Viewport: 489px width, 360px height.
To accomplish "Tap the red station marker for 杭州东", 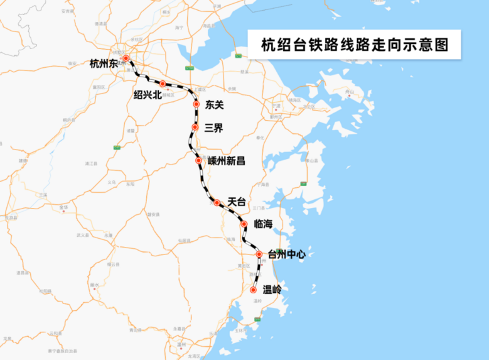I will pyautogui.click(x=126, y=58).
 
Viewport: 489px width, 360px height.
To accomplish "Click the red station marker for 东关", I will pyautogui.click(x=196, y=104).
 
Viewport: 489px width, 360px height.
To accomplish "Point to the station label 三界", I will pyautogui.click(x=213, y=128).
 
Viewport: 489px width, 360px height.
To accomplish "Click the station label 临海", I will pyautogui.click(x=263, y=224).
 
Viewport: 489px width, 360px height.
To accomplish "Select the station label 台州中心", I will pyautogui.click(x=286, y=254).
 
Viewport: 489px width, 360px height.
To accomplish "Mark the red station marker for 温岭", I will pyautogui.click(x=253, y=290).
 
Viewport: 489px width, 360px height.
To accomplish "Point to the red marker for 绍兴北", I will pyautogui.click(x=162, y=84).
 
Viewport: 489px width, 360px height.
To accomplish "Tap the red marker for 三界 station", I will pyautogui.click(x=195, y=127).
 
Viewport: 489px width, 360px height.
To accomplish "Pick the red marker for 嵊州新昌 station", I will pyautogui.click(x=199, y=161).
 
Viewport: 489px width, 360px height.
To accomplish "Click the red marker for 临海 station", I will pyautogui.click(x=244, y=224).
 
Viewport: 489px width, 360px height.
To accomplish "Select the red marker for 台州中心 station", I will pyautogui.click(x=259, y=254).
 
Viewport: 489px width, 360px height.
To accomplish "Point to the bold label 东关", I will pyautogui.click(x=215, y=105).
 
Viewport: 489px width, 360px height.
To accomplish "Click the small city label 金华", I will pyautogui.click(x=63, y=206).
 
